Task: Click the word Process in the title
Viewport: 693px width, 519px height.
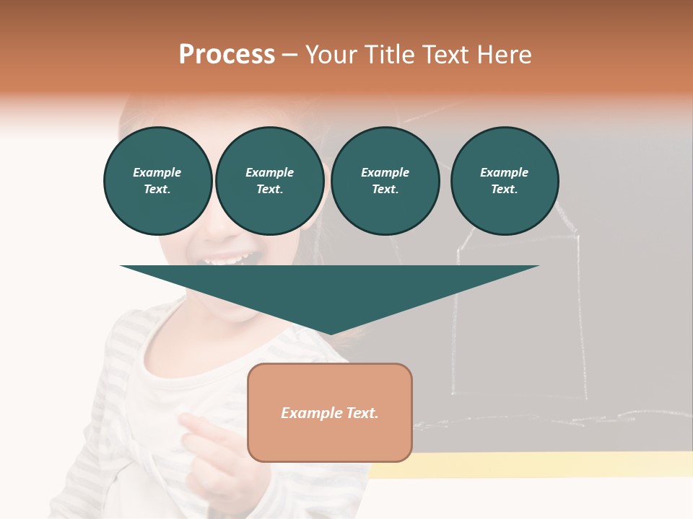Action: click(227, 55)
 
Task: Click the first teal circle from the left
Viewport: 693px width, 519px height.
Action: click(158, 181)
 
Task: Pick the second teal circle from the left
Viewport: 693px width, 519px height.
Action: click(270, 181)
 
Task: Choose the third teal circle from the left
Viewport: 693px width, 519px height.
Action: click(385, 181)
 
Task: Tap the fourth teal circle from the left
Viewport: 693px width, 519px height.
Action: click(505, 181)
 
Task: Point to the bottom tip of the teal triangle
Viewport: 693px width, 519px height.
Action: click(331, 333)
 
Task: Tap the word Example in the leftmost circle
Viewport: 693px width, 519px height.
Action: click(157, 172)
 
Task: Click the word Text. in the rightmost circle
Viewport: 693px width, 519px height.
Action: click(505, 190)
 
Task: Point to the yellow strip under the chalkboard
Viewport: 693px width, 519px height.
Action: click(534, 465)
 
